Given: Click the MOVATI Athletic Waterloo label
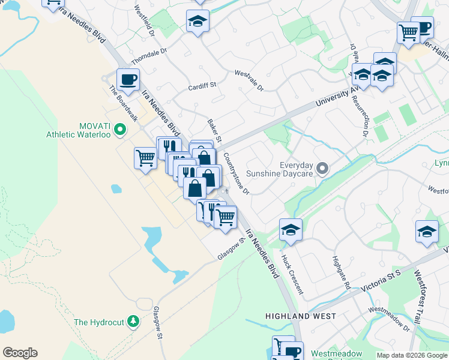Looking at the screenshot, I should (78, 130).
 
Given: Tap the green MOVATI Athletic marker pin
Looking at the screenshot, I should (120, 128).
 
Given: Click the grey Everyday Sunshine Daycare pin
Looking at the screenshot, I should (323, 169).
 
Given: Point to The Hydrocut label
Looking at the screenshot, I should (98, 322).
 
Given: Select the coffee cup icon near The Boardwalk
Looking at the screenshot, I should (128, 79).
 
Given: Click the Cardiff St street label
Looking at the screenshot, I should (202, 86).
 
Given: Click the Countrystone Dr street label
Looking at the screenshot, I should (236, 173).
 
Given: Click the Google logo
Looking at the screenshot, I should (20, 353).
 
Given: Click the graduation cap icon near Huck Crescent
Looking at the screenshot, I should (291, 229).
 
